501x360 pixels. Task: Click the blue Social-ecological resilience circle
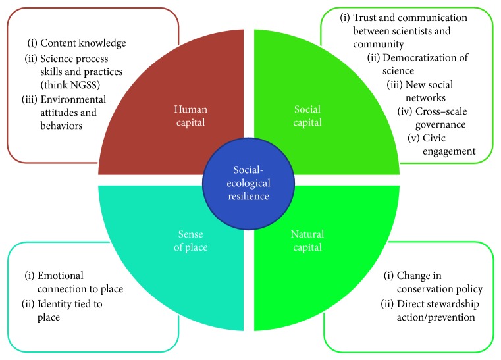[x=249, y=180]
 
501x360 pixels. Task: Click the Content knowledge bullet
[x=76, y=43]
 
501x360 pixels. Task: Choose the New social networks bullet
[x=429, y=91]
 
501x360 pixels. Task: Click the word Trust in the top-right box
[x=365, y=18]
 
